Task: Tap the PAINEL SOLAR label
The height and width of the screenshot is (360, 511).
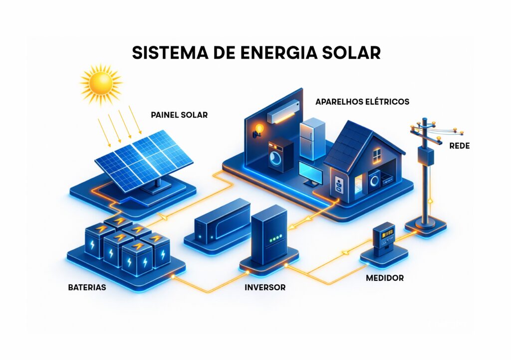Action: pos(179,115)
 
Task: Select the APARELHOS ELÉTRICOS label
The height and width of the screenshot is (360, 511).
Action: pos(362,102)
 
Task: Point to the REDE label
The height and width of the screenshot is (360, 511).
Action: pos(460,146)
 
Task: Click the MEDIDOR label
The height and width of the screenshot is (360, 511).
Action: pos(385,278)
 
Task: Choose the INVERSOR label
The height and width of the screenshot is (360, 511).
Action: pos(265,288)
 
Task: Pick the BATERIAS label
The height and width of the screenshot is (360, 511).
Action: pos(87,288)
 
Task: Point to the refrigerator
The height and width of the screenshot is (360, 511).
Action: pos(312,138)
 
